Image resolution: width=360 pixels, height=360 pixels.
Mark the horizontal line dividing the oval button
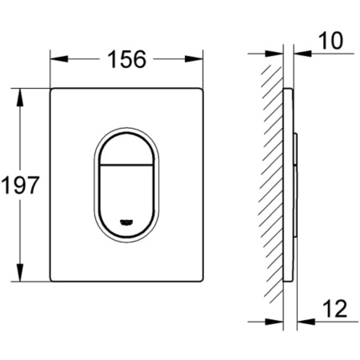tap(126, 169)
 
